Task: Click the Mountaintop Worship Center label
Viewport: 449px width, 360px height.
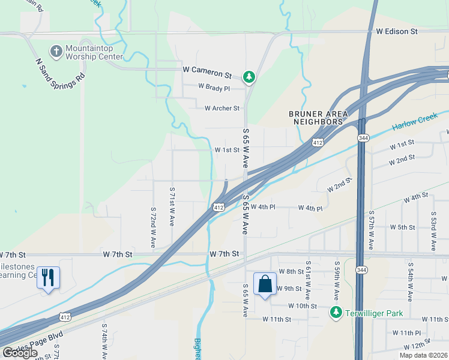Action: (x=94, y=52)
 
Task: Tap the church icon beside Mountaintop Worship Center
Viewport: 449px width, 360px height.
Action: (x=56, y=51)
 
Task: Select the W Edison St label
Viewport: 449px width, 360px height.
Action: (x=397, y=31)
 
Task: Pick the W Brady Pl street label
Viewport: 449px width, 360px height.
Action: (x=214, y=88)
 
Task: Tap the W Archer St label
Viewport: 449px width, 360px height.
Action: (x=222, y=109)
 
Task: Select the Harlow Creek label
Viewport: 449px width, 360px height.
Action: (x=412, y=124)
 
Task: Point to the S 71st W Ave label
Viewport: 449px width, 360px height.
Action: (x=172, y=206)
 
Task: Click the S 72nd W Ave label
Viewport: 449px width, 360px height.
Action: (x=152, y=227)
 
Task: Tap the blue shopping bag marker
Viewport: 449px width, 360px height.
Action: (x=265, y=284)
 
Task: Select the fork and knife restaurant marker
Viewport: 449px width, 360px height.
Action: (x=48, y=277)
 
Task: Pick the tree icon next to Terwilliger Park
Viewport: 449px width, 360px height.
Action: (x=336, y=313)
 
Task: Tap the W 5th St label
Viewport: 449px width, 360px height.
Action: (x=402, y=227)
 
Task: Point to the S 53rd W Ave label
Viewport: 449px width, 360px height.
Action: (x=433, y=231)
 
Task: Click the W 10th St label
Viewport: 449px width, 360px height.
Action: (x=302, y=305)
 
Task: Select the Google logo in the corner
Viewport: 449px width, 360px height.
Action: (x=20, y=353)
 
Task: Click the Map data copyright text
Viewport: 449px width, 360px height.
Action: (x=423, y=355)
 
